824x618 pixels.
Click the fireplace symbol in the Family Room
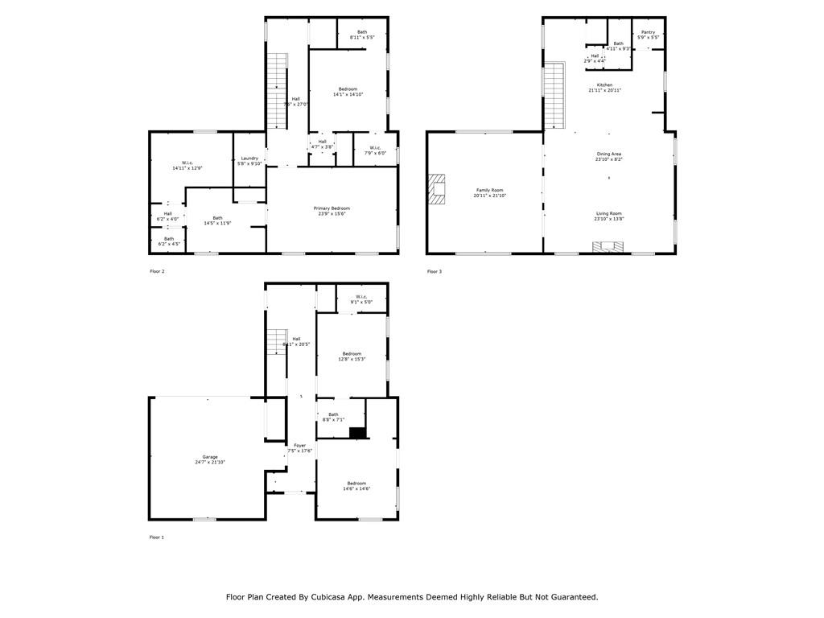click(438, 191)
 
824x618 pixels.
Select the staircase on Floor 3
click(554, 96)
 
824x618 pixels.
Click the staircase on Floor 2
click(277, 90)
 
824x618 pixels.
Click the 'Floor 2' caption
click(157, 271)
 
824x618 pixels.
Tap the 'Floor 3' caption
click(434, 271)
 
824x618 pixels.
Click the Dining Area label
click(608, 154)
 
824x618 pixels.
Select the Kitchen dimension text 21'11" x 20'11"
click(604, 90)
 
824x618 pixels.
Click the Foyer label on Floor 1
click(299, 445)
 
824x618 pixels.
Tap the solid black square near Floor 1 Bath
click(358, 433)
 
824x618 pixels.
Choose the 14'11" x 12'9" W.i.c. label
click(187, 166)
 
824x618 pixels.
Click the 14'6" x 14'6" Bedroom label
click(356, 486)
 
